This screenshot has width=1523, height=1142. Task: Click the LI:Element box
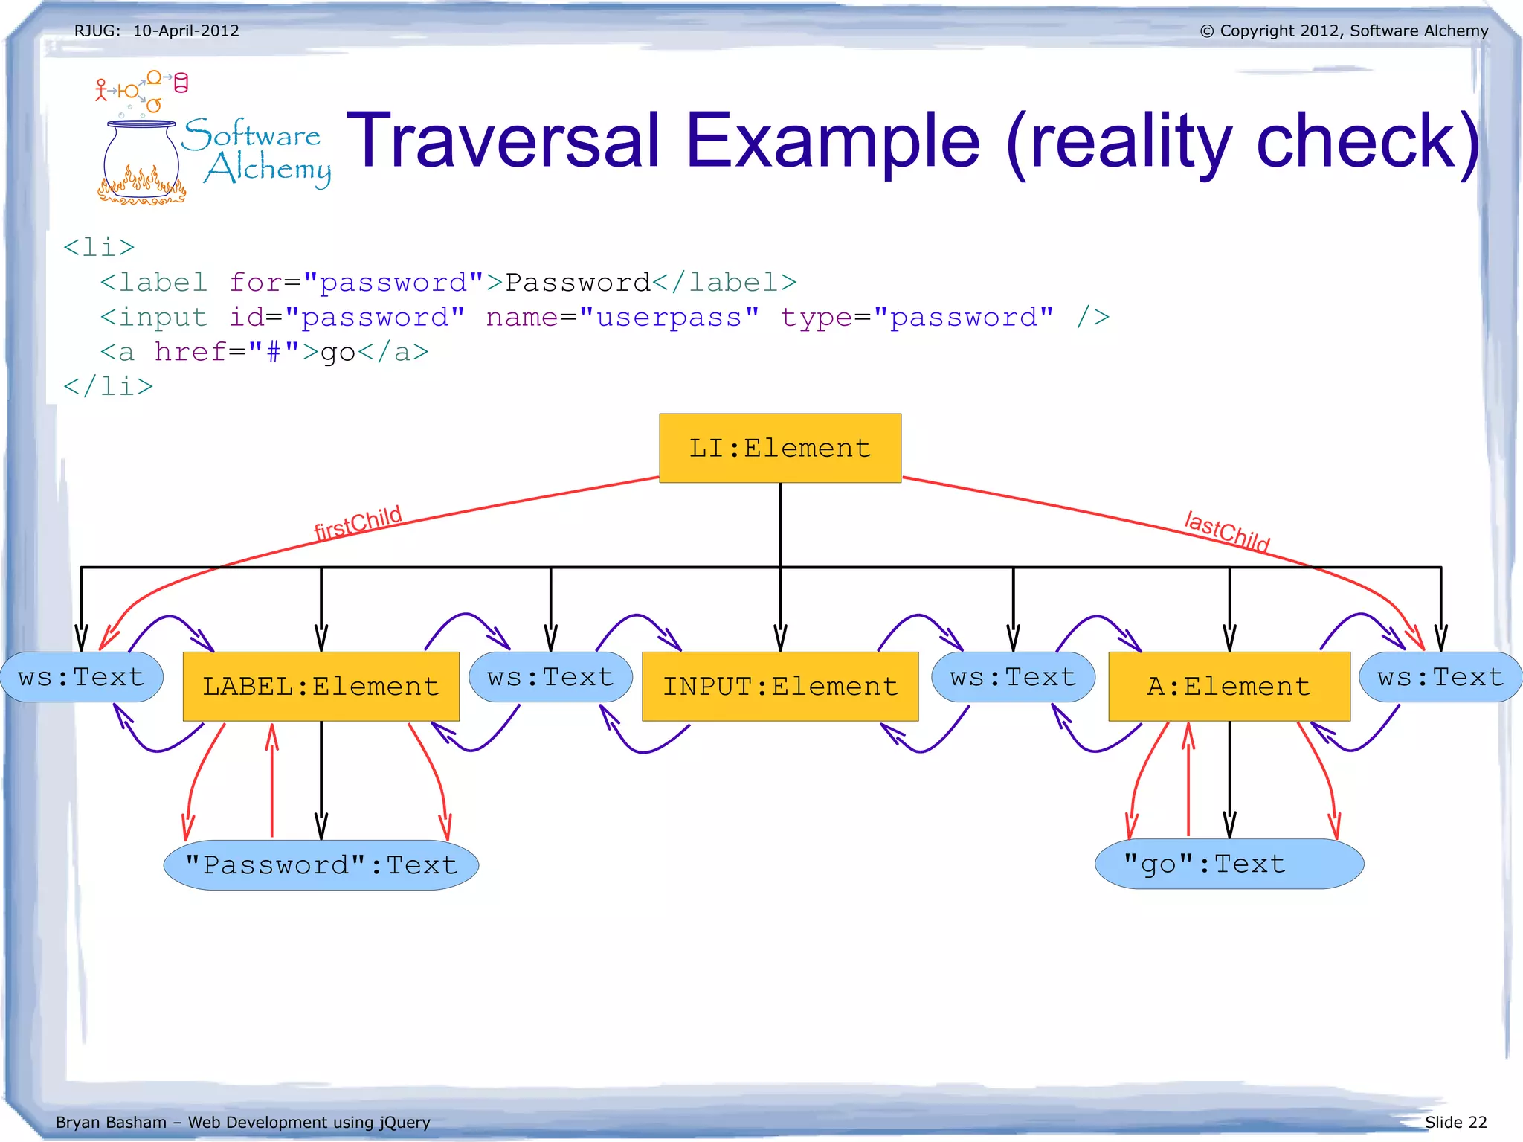coord(779,448)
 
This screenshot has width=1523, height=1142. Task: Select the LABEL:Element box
coord(321,686)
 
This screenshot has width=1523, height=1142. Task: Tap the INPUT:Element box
coord(779,686)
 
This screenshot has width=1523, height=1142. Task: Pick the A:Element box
coord(1229,686)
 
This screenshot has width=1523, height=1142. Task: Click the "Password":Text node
coord(321,865)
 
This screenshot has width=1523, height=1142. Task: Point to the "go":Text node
coord(1229,864)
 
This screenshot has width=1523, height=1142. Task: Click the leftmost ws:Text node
coord(81,677)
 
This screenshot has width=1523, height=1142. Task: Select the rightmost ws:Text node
coord(1440,677)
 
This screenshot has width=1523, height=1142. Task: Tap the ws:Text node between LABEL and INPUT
coord(550,677)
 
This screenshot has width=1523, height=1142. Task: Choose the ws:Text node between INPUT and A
coord(1013,677)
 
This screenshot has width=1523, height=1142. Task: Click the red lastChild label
coord(1227,531)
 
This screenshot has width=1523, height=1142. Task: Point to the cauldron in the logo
coord(141,160)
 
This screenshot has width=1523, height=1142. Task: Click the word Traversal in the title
coord(503,141)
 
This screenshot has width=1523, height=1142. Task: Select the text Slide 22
coord(1455,1122)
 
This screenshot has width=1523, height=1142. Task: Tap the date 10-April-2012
coord(186,31)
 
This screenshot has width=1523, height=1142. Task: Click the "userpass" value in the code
coord(669,318)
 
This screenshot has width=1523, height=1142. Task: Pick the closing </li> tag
coord(109,387)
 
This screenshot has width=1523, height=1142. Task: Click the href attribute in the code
coord(190,352)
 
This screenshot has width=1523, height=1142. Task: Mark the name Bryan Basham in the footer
coord(111,1122)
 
